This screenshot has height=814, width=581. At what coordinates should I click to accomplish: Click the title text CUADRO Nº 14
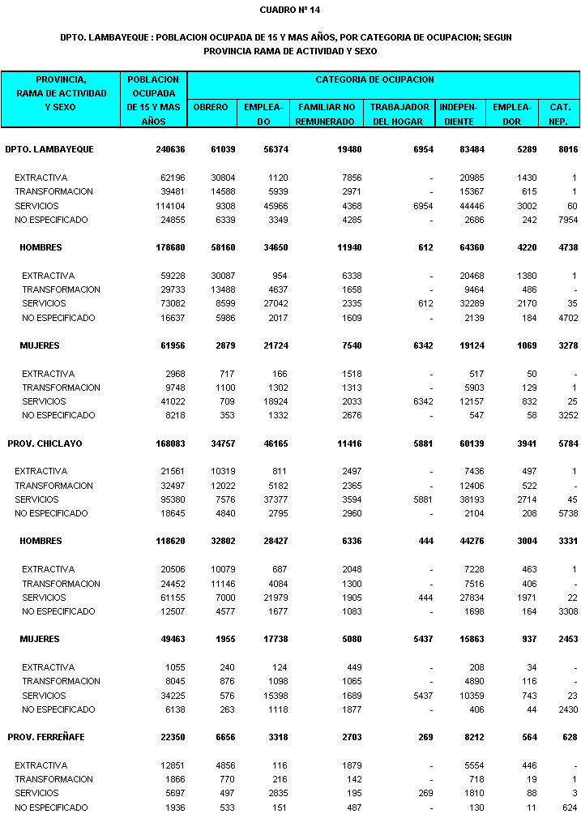pyautogui.click(x=290, y=10)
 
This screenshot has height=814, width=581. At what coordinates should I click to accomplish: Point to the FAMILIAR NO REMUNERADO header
pyautogui.click(x=327, y=114)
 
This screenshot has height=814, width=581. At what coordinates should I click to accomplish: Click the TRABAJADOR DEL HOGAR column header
pyautogui.click(x=400, y=114)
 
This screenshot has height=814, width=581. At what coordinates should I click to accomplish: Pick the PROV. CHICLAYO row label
pyautogui.click(x=45, y=443)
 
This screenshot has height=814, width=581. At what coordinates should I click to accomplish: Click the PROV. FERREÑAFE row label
pyautogui.click(x=46, y=737)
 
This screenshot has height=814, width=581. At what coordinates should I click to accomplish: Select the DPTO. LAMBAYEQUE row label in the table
pyautogui.click(x=49, y=149)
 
